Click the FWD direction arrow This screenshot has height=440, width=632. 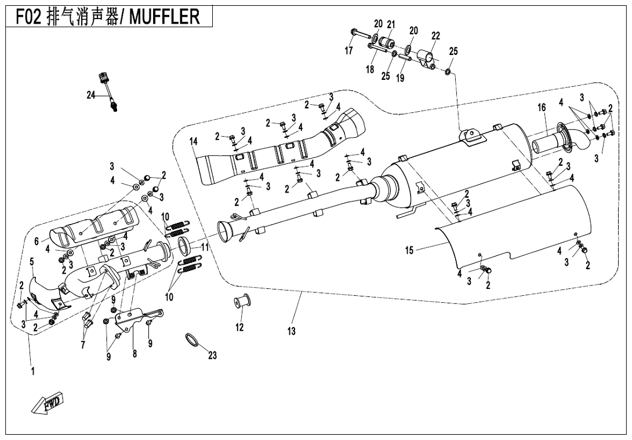pyautogui.click(x=49, y=403)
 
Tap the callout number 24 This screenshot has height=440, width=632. pyautogui.click(x=91, y=96)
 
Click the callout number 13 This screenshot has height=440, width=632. pyautogui.click(x=291, y=331)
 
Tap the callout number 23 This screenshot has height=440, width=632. pyautogui.click(x=212, y=355)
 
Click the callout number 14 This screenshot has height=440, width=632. pyautogui.click(x=194, y=141)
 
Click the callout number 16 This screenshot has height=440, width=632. pyautogui.click(x=542, y=108)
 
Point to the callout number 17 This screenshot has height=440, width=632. pyautogui.click(x=348, y=51)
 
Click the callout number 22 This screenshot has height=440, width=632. pyautogui.click(x=435, y=36)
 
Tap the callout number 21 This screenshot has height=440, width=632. pyautogui.click(x=391, y=24)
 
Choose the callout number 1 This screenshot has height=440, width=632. pyautogui.click(x=32, y=371)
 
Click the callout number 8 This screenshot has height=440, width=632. pyautogui.click(x=135, y=354)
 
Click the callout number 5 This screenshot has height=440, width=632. pyautogui.click(x=32, y=262)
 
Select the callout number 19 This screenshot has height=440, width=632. pyautogui.click(x=400, y=78)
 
